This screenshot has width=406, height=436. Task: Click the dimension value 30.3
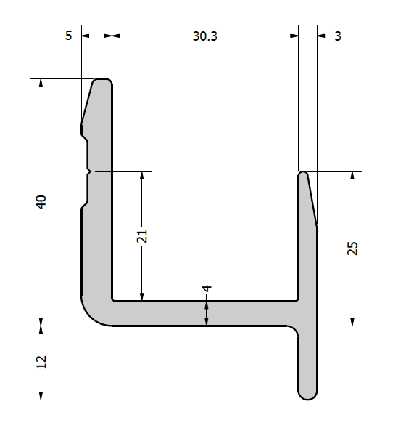pyautogui.click(x=204, y=36)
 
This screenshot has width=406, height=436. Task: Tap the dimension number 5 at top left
pyautogui.click(x=69, y=36)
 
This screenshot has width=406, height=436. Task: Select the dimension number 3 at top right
pyautogui.click(x=338, y=36)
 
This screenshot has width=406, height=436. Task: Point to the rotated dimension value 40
pyautogui.click(x=41, y=202)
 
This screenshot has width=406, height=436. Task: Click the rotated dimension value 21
pyautogui.click(x=142, y=236)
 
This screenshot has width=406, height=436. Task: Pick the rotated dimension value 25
pyautogui.click(x=352, y=249)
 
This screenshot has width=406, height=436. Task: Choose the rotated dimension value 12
pyautogui.click(x=41, y=362)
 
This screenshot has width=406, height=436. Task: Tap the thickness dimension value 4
pyautogui.click(x=207, y=288)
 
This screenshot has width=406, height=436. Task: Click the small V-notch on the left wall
pyautogui.click(x=89, y=172)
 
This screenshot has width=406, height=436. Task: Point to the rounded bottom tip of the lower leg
pyautogui.click(x=307, y=398)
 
